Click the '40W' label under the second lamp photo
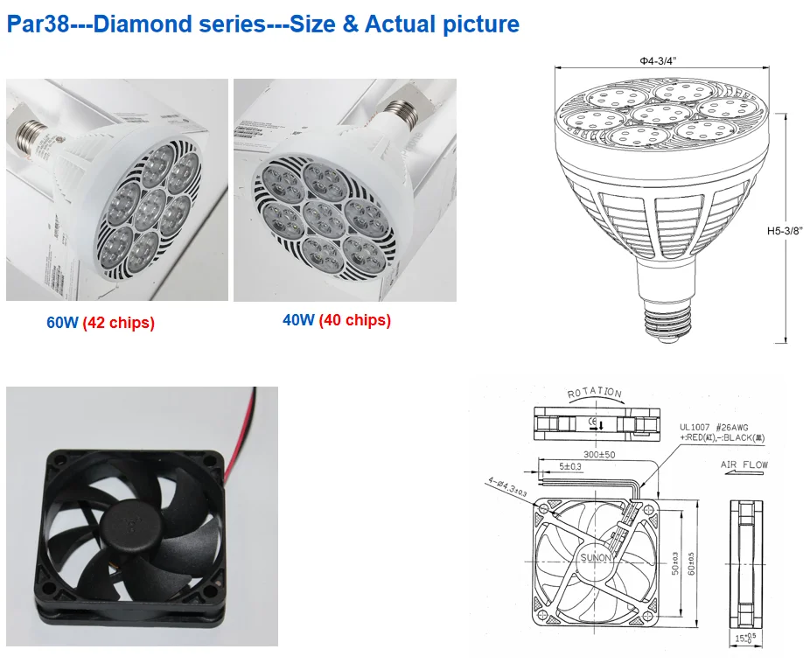click(x=298, y=320)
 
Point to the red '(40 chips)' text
click(x=354, y=320)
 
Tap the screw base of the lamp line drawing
click(x=667, y=313)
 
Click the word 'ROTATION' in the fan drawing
click(x=595, y=394)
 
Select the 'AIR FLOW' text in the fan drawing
click(x=742, y=464)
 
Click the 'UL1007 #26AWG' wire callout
click(x=713, y=426)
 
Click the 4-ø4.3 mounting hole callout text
click(x=508, y=489)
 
